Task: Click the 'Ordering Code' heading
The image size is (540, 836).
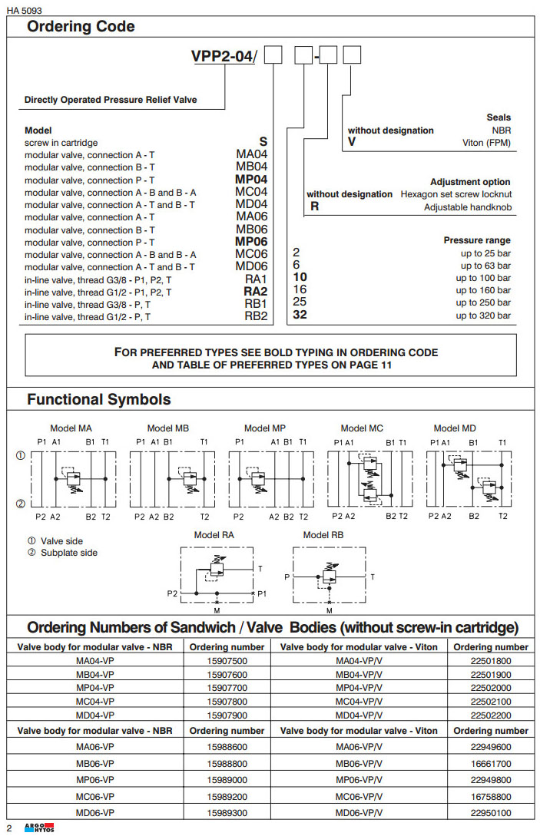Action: pyautogui.click(x=81, y=27)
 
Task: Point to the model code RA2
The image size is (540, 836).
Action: pyautogui.click(x=255, y=292)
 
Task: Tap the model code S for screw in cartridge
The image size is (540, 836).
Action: pyautogui.click(x=263, y=142)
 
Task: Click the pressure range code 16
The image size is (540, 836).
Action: pyautogui.click(x=300, y=290)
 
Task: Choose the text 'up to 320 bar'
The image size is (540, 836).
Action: pyautogui.click(x=483, y=316)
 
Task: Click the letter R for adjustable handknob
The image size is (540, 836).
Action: pyautogui.click(x=314, y=207)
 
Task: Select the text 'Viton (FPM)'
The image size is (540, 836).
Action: pyautogui.click(x=486, y=143)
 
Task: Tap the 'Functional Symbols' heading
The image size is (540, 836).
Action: pyautogui.click(x=99, y=400)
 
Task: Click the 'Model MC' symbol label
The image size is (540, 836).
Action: pyautogui.click(x=362, y=428)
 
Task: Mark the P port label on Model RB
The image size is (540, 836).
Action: pyautogui.click(x=288, y=576)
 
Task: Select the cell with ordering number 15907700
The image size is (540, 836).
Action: pyautogui.click(x=227, y=688)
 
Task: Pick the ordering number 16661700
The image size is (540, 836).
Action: pyautogui.click(x=490, y=764)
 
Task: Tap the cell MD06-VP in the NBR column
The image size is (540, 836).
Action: pyautogui.click(x=95, y=813)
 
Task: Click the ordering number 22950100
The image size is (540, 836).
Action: pyautogui.click(x=490, y=813)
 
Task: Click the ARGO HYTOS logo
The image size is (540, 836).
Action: pyautogui.click(x=35, y=828)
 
